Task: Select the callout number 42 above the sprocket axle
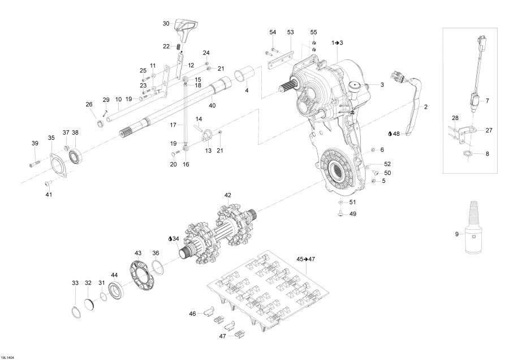(227, 195)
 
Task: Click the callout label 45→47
(305, 258)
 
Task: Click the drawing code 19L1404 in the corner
(8, 357)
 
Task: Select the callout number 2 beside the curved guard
(426, 106)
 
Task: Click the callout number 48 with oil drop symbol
(395, 134)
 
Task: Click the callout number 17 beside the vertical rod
(174, 124)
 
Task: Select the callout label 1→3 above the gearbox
(337, 42)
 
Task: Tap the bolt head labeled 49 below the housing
(340, 213)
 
